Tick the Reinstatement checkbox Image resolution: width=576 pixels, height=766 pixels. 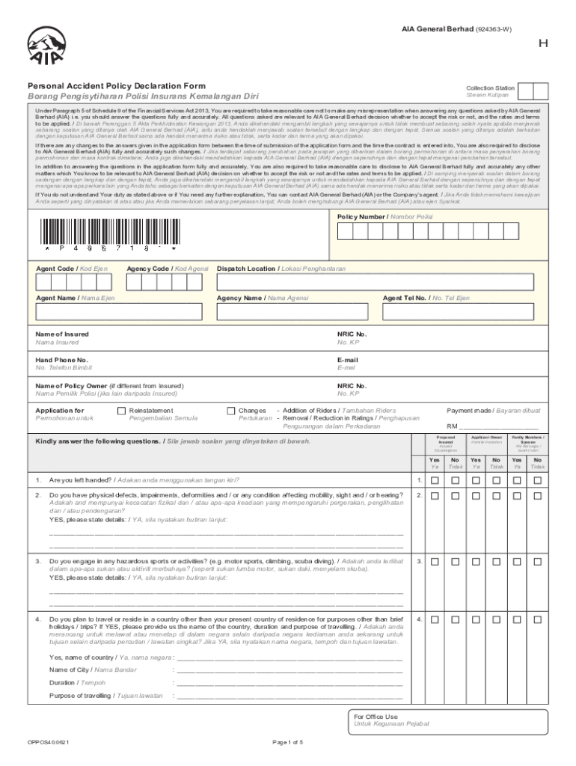click(122, 411)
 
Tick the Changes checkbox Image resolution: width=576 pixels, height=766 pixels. click(230, 411)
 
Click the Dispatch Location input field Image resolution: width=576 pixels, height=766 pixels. click(376, 282)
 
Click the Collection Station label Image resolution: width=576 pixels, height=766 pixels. click(490, 88)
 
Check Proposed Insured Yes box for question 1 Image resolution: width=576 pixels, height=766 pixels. click(435, 479)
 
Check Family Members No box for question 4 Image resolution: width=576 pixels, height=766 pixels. click(536, 620)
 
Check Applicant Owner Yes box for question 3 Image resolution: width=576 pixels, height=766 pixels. click(476, 562)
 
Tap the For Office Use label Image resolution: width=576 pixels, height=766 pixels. click(376, 716)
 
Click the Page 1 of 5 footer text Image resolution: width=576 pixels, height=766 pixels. click(288, 742)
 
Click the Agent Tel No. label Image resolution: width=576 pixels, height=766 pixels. click(415, 298)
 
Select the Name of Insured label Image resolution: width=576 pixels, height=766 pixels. click(62, 334)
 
